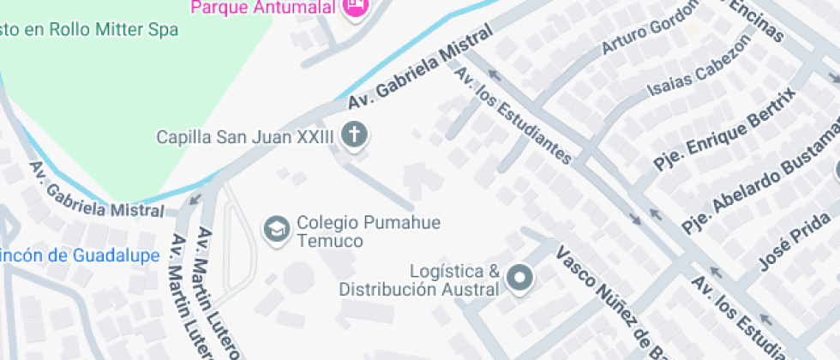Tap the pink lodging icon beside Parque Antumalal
pyautogui.click(x=354, y=7)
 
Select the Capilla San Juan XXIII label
pyautogui.click(x=244, y=137)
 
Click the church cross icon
pyautogui.click(x=353, y=135)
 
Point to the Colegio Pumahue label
pyautogui.click(x=369, y=223)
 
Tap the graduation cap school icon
pyautogui.click(x=276, y=231)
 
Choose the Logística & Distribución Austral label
pyautogui.click(x=419, y=280)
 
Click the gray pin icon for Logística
pyautogui.click(x=519, y=278)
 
